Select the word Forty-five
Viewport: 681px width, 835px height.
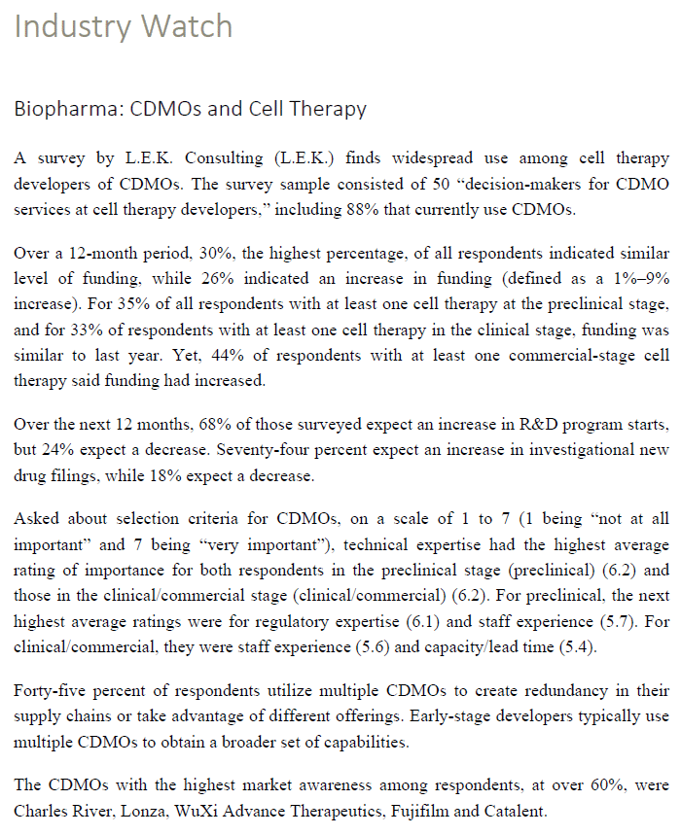pos(55,691)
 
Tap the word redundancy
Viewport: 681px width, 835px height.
pos(561,691)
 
